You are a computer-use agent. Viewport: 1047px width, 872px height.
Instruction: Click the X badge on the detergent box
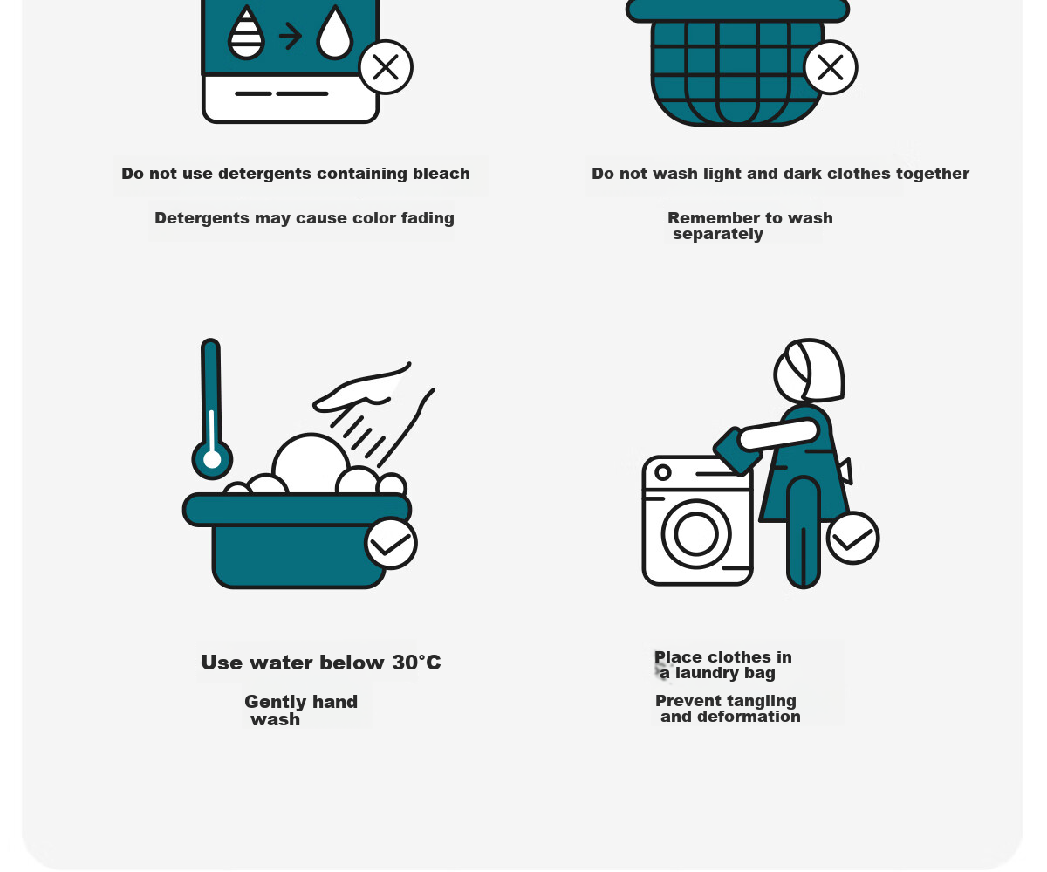[386, 66]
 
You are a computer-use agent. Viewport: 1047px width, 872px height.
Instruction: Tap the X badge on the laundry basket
[831, 67]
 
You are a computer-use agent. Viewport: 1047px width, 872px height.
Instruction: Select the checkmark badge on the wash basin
[391, 544]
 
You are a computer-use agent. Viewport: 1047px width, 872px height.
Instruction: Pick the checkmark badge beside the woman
[853, 538]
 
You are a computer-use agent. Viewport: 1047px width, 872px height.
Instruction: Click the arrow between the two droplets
[291, 36]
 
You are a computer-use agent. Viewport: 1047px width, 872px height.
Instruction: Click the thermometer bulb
[212, 460]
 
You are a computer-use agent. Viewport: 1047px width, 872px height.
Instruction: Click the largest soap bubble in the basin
[311, 463]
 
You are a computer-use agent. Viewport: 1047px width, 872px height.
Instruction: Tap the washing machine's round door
[696, 534]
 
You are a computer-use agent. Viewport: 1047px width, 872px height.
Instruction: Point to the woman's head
[809, 370]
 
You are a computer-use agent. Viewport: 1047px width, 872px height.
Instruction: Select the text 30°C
[417, 663]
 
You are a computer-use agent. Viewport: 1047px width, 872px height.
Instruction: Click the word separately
[718, 234]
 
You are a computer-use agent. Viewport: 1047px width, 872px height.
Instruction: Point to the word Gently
[273, 702]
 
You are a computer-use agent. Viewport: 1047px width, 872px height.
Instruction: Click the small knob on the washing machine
[663, 472]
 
